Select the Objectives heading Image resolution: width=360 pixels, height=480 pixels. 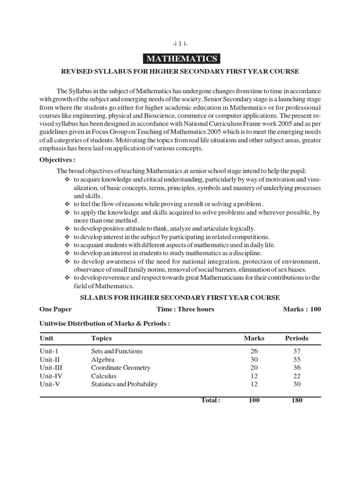(x=58, y=159)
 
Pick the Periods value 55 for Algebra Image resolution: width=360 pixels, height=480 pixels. (x=296, y=360)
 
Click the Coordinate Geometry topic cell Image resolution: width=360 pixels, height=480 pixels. (x=120, y=368)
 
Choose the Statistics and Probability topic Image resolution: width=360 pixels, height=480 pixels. (x=124, y=384)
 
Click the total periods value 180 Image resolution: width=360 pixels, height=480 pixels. (x=296, y=400)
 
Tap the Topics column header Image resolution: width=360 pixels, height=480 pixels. (x=101, y=338)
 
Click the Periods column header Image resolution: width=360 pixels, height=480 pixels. (x=296, y=338)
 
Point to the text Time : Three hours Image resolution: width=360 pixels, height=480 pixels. (x=185, y=309)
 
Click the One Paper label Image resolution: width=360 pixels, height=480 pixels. (x=56, y=309)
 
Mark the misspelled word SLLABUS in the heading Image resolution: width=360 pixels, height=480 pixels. (x=94, y=297)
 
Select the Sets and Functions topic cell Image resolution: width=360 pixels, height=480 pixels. (x=117, y=351)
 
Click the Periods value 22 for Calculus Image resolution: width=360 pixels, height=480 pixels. (x=296, y=376)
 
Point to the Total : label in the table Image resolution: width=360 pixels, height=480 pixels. (x=210, y=400)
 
